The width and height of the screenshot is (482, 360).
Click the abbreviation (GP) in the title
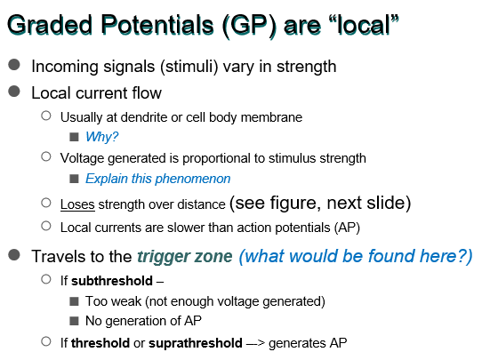(250, 26)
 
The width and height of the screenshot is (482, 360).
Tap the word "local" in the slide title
(364, 25)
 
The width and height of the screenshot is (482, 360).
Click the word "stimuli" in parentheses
(189, 67)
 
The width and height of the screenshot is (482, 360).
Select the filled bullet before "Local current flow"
(14, 92)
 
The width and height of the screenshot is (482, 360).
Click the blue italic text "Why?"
(101, 137)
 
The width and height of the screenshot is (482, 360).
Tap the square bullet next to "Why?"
(74, 137)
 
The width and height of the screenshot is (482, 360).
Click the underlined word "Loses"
(77, 204)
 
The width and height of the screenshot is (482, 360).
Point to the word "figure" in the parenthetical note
(295, 204)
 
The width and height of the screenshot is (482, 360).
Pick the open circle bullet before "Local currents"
(46, 226)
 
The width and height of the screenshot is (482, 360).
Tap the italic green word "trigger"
(160, 257)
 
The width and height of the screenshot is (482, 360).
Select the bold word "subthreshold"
(112, 281)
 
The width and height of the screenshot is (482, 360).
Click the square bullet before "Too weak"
(74, 301)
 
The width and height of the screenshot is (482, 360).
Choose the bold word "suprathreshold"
(195, 343)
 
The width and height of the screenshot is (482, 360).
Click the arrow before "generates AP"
(255, 343)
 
